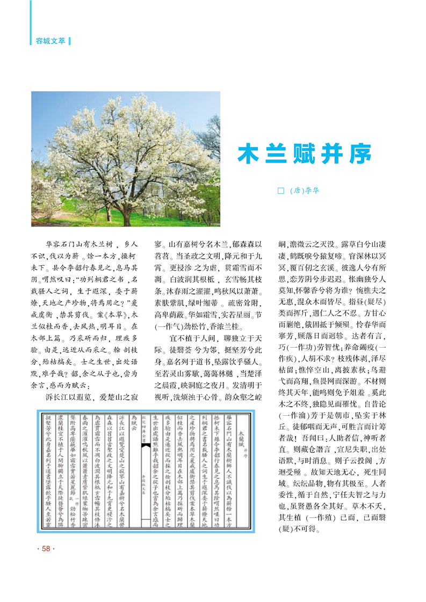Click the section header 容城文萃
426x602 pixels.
(x=48, y=40)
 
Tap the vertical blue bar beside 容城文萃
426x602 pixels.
(x=70, y=40)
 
